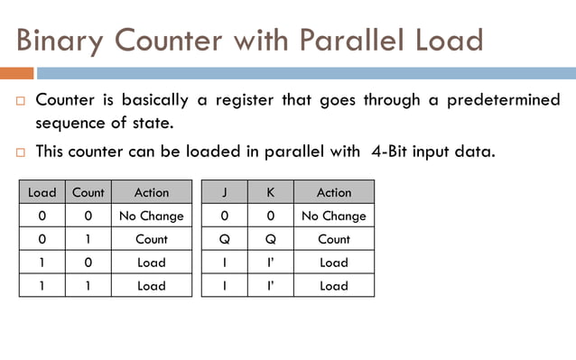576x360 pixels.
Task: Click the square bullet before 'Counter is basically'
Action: [x=20, y=100]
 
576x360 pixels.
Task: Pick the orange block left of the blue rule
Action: [x=16, y=73]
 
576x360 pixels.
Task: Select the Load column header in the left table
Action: [x=42, y=192]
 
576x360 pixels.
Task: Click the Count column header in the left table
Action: [x=88, y=192]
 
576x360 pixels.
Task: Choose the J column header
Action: [x=225, y=192]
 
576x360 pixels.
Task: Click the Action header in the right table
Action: [x=334, y=192]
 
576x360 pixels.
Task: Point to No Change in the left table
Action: [x=152, y=216]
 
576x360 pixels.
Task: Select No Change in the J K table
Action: [x=334, y=216]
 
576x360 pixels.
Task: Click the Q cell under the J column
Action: [x=225, y=239]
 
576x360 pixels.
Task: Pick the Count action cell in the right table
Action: [x=334, y=239]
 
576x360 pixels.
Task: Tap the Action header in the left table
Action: [x=152, y=192]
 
